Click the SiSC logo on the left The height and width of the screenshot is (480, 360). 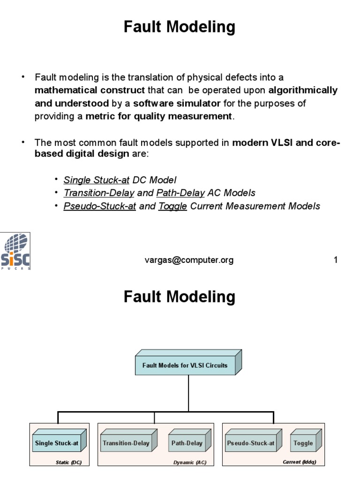(x=15, y=251)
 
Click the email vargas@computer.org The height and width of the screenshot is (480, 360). (x=189, y=260)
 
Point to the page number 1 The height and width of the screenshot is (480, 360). (x=336, y=260)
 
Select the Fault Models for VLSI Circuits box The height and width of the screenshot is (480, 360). (x=187, y=365)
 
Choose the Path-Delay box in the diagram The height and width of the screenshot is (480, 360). (x=187, y=442)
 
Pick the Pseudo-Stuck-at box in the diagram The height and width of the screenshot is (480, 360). (x=251, y=442)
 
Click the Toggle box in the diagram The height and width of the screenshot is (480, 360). (x=303, y=442)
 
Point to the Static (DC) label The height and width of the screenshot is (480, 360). (x=69, y=462)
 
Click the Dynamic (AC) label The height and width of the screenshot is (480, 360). (x=190, y=462)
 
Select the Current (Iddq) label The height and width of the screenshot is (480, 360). (x=300, y=462)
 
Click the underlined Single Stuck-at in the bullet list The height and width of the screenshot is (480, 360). (x=96, y=180)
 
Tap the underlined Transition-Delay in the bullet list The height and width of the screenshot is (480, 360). (x=99, y=193)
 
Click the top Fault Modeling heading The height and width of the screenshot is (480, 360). (x=180, y=28)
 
